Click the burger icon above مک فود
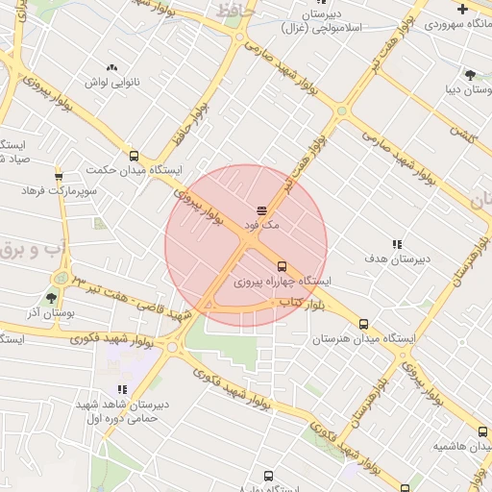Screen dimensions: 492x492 click(262, 209)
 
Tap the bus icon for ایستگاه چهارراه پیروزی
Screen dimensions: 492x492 click(282, 266)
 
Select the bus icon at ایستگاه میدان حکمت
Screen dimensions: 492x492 click(133, 156)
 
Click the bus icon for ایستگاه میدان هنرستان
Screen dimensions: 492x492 click(363, 325)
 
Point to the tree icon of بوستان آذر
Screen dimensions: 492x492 click(51, 299)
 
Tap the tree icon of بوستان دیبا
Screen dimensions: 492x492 click(470, 75)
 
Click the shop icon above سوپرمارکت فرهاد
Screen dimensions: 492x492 click(60, 176)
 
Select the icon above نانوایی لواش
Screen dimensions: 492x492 click(112, 67)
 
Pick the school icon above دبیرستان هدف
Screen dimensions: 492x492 click(396, 244)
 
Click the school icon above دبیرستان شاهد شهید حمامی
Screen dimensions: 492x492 click(122, 389)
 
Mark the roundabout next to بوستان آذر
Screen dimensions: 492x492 click(63, 279)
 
